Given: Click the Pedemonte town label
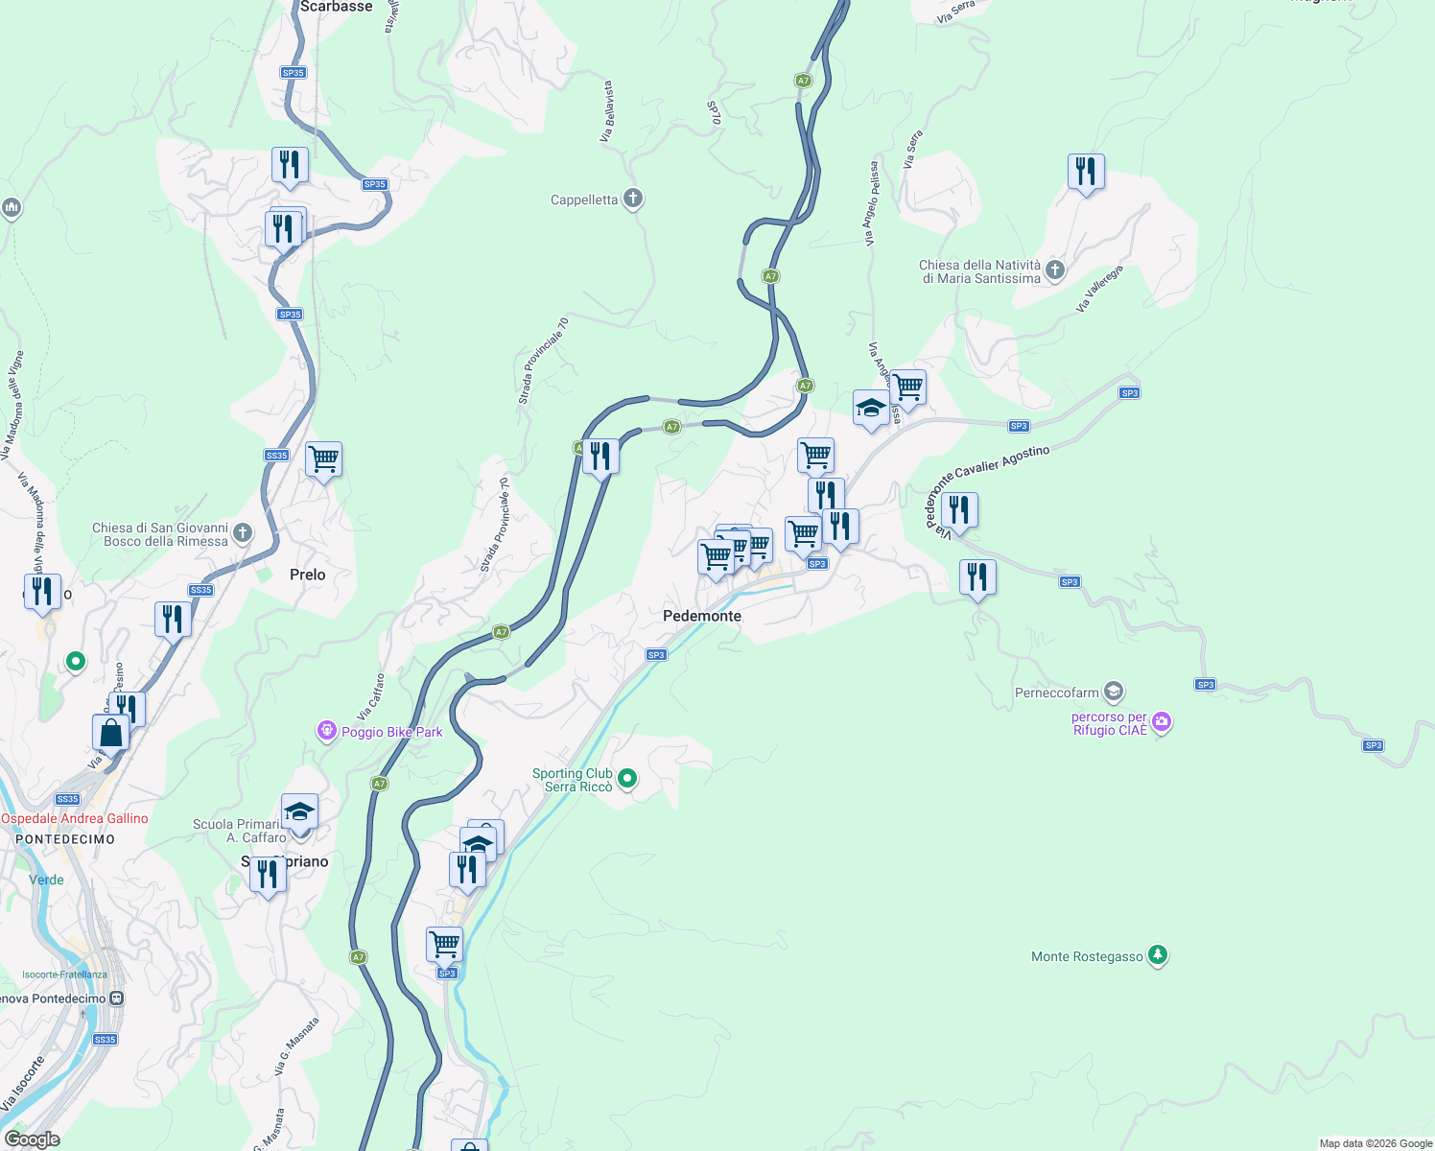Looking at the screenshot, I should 702,616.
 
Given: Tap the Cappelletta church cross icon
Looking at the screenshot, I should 632,199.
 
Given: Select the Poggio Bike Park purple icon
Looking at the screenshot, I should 326,732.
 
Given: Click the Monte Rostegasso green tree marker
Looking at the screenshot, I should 1158,955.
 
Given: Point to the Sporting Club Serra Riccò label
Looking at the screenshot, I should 573,780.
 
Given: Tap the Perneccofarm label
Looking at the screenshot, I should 1057,693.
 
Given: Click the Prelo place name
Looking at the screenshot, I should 308,575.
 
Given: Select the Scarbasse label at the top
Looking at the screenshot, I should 336,7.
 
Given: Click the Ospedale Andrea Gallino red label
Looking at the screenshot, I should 75,818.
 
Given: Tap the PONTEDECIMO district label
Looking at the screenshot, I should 65,839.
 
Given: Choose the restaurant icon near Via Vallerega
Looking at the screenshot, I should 1086,173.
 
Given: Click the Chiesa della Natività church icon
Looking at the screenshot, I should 1055,270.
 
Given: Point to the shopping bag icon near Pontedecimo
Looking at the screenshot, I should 111,733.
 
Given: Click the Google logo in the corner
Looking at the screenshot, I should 33,1139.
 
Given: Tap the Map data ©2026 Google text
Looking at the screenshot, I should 1376,1143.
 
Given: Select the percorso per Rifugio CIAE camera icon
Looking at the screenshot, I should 1162,722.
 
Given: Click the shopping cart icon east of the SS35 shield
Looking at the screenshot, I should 323,459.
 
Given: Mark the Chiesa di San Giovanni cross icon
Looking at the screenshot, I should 243,533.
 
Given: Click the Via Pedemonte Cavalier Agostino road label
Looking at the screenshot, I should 988,484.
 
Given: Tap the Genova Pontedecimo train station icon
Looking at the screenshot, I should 116,998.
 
